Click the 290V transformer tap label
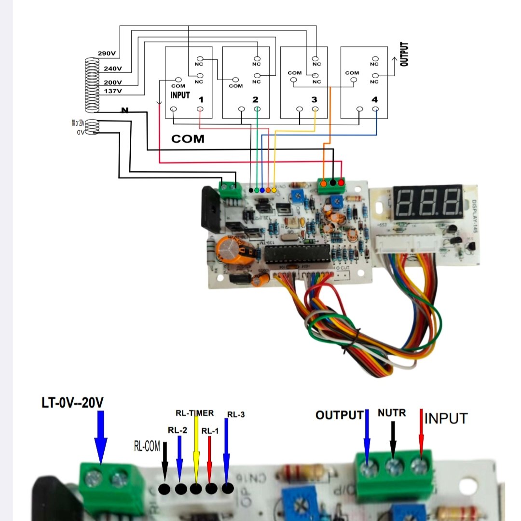tap(106, 53)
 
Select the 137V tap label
tap(113, 91)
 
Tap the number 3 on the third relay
tap(314, 100)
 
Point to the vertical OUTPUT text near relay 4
tap(404, 54)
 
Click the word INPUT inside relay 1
tap(180, 95)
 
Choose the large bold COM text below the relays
tap(188, 139)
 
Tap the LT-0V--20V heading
tap(72, 402)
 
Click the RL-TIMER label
tap(194, 413)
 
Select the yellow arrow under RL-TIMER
tap(196, 449)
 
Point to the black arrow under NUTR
tap(393, 440)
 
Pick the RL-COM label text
tap(147, 446)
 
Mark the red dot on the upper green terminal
tap(341, 183)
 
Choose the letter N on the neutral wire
tap(125, 111)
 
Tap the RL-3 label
tap(236, 414)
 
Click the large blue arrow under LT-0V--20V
tap(100, 437)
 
